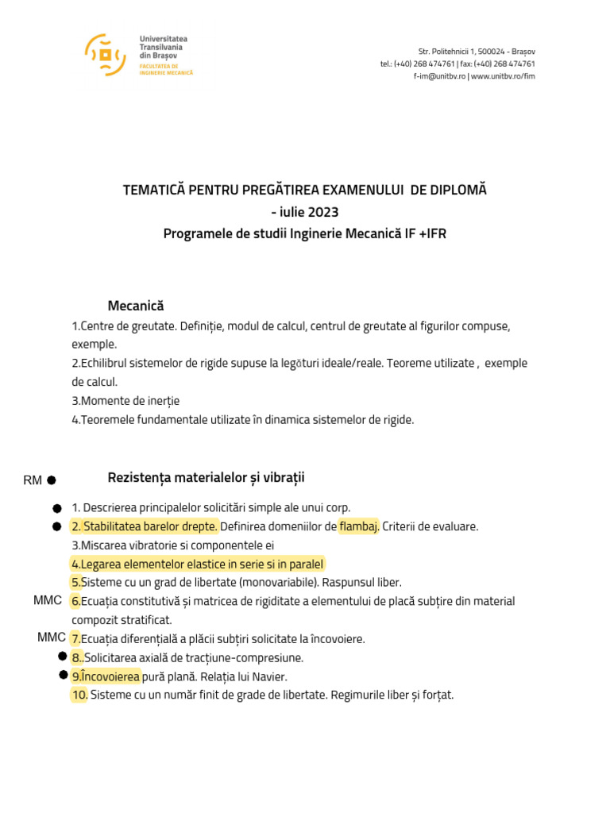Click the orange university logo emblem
(x=106, y=55)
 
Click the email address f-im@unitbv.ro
(x=439, y=76)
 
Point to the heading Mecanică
(x=136, y=306)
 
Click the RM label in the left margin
(x=33, y=480)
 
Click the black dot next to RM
(x=51, y=480)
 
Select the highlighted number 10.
(x=79, y=695)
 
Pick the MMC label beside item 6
(x=48, y=600)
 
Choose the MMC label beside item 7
(x=52, y=638)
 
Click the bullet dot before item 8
(x=63, y=657)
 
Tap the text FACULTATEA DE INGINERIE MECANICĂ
(x=166, y=69)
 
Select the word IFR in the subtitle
(x=434, y=233)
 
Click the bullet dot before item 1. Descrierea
(x=57, y=507)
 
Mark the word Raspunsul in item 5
(x=343, y=582)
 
